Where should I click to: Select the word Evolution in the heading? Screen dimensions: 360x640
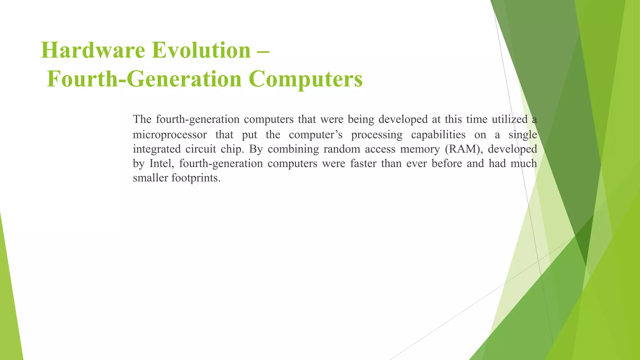pos(201,50)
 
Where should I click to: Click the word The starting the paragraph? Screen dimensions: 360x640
pos(142,119)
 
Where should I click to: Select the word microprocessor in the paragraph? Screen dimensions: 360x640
pos(170,135)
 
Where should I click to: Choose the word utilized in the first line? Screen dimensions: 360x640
pos(509,119)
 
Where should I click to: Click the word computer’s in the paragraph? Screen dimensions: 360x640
pos(316,135)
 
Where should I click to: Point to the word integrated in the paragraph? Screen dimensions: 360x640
pos(157,149)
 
